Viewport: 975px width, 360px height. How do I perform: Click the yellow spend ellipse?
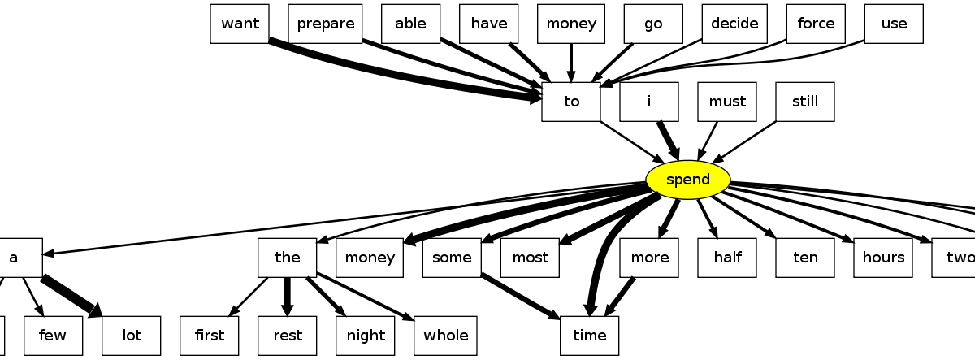(x=688, y=180)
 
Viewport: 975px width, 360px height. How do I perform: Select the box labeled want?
(x=240, y=24)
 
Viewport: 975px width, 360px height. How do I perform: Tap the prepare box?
(x=325, y=24)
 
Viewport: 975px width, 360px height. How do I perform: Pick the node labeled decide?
(x=734, y=24)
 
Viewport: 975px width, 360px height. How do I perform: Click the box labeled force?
(x=816, y=24)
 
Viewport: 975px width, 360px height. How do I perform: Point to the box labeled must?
(x=727, y=102)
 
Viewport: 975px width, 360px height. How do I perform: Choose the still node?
(x=805, y=102)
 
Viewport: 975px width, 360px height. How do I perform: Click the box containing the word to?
(x=571, y=102)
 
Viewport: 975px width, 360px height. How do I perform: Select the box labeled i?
(x=649, y=102)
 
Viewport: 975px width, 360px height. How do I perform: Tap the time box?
(x=589, y=336)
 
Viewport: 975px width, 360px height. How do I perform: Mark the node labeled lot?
(x=132, y=336)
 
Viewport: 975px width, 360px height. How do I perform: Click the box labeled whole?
(x=445, y=336)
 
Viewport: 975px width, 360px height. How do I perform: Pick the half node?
(x=727, y=258)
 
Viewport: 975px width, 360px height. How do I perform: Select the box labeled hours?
(x=883, y=258)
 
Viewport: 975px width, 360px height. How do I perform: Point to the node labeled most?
(x=530, y=258)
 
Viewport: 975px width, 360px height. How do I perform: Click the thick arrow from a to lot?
(x=71, y=297)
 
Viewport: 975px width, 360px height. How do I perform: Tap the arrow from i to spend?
(x=668, y=140)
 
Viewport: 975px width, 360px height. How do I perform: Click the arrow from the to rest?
(x=287, y=297)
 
